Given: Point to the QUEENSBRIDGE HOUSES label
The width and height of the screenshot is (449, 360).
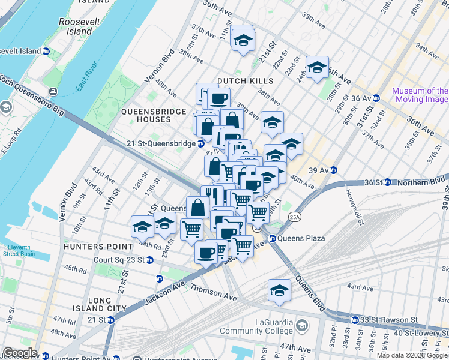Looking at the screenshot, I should [146, 115].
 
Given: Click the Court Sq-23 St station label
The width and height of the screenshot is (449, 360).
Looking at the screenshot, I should [119, 260].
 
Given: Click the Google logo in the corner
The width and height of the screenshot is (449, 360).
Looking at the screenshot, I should [20, 353].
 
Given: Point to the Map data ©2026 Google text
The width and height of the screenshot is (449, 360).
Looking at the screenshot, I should [412, 355].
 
